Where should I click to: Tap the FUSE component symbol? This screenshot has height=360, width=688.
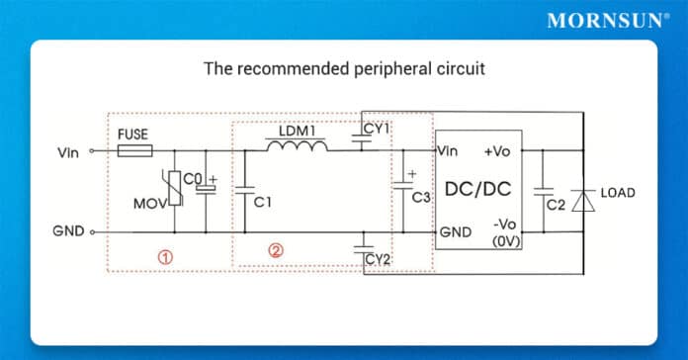pos(134,151)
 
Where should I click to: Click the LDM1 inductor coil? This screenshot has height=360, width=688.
pos(298,147)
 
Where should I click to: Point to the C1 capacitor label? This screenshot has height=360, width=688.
pos(262,202)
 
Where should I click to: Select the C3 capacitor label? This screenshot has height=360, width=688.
pos(422,198)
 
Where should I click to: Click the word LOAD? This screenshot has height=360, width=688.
pos(618,192)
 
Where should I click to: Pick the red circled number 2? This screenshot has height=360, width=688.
pos(276,251)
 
